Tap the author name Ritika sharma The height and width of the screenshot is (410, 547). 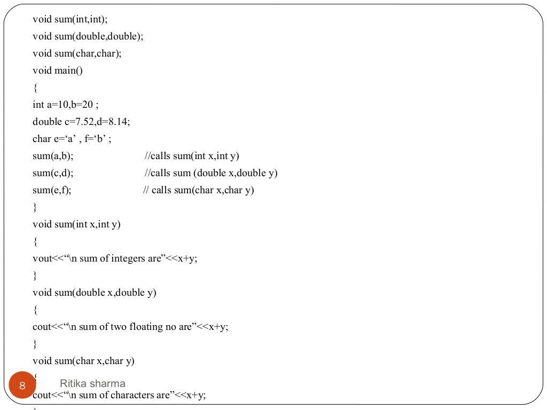[92, 383]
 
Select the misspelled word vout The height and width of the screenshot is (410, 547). [42, 258]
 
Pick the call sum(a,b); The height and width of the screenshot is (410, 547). [53, 156]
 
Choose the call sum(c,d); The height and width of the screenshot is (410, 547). [53, 173]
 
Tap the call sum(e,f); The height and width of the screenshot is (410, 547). [52, 190]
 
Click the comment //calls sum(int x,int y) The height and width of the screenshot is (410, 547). [192, 156]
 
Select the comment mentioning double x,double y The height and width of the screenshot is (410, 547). [211, 173]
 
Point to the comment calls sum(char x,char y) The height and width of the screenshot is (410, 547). [199, 190]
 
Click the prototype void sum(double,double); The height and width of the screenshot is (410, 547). [88, 36]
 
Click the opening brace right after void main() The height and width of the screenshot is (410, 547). [35, 88]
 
